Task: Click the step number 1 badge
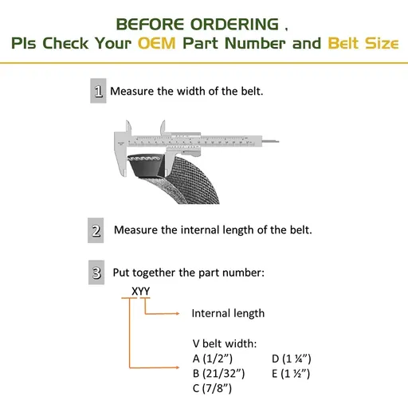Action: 98,92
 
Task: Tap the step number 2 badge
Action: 96,232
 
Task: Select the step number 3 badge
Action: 96,273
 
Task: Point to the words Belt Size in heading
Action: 361,42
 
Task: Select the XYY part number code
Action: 140,291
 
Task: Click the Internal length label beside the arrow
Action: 228,313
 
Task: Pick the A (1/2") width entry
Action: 213,358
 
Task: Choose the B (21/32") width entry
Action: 219,373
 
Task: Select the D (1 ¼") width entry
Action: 291,358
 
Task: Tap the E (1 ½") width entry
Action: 291,373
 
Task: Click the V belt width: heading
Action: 225,343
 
